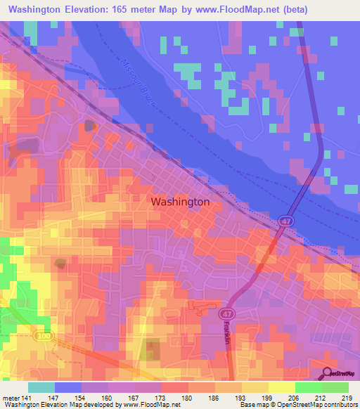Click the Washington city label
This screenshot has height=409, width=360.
pyautogui.click(x=180, y=202)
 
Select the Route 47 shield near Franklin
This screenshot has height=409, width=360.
pyautogui.click(x=225, y=313)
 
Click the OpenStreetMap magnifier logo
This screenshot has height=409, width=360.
pyautogui.click(x=328, y=373)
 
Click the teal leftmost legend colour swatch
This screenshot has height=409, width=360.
pyautogui.click(x=41, y=387)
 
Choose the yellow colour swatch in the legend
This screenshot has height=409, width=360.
pyautogui.click(x=281, y=387)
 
